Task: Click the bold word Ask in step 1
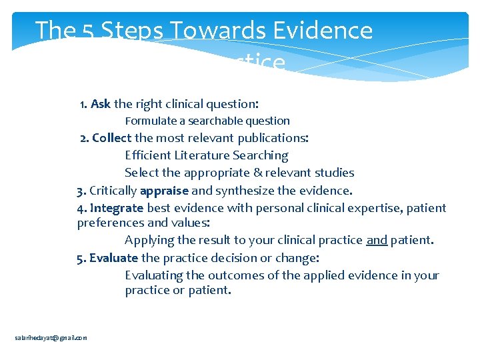click(x=101, y=104)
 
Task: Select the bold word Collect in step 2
click(x=112, y=138)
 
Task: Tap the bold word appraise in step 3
click(x=164, y=191)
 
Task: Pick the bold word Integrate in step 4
click(x=117, y=208)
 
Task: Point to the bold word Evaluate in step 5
click(x=113, y=258)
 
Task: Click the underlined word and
click(x=377, y=240)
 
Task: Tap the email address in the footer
click(x=51, y=338)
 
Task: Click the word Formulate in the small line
click(x=148, y=121)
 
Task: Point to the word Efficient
click(x=147, y=155)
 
